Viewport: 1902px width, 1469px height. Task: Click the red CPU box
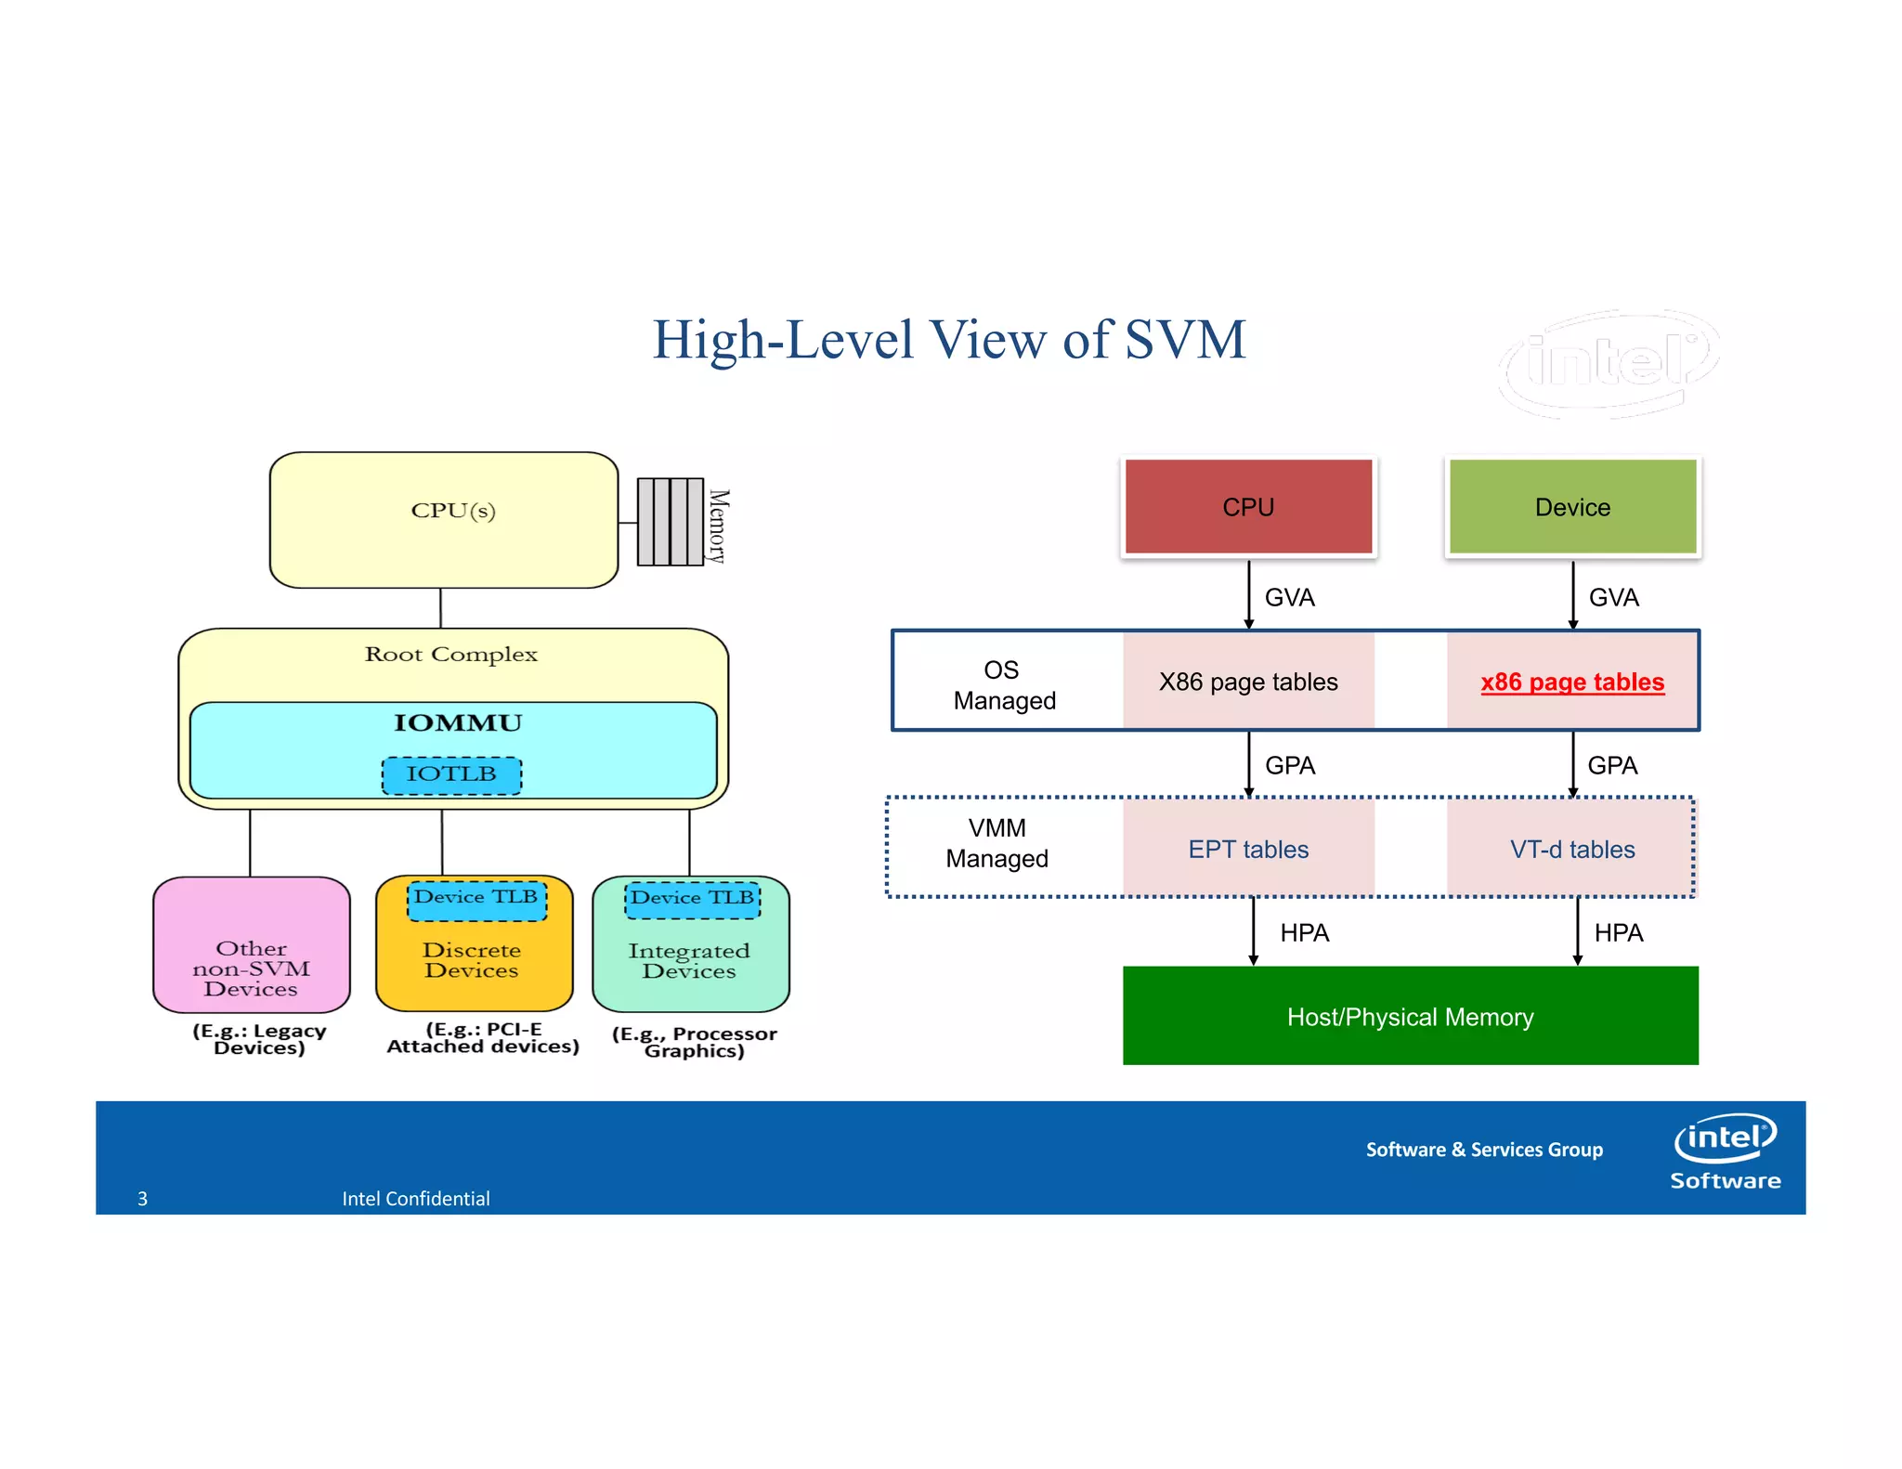(1247, 506)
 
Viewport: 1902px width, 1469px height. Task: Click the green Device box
(1571, 506)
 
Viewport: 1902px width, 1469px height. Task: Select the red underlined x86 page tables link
(1571, 682)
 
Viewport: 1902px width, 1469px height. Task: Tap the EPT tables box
(1247, 849)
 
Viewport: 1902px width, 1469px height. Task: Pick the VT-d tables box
(1571, 849)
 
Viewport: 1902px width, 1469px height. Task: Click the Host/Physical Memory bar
(1409, 1016)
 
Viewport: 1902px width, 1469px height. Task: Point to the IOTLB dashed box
(451, 774)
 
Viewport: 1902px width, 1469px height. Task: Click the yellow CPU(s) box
(444, 520)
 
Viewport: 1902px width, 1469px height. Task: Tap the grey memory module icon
(670, 522)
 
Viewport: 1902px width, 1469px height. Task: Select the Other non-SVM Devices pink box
(251, 945)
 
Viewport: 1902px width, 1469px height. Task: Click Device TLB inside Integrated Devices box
(693, 899)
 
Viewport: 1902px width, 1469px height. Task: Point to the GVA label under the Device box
(1613, 597)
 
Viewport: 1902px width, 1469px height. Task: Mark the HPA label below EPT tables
(1304, 932)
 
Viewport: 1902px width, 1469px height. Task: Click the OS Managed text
(1003, 684)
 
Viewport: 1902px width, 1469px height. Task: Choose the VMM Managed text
(997, 842)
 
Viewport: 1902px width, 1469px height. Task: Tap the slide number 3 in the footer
(142, 1198)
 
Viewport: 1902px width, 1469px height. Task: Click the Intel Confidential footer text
(415, 1198)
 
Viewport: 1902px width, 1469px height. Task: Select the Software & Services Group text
(1483, 1149)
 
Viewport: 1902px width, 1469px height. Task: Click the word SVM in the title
(1184, 340)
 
